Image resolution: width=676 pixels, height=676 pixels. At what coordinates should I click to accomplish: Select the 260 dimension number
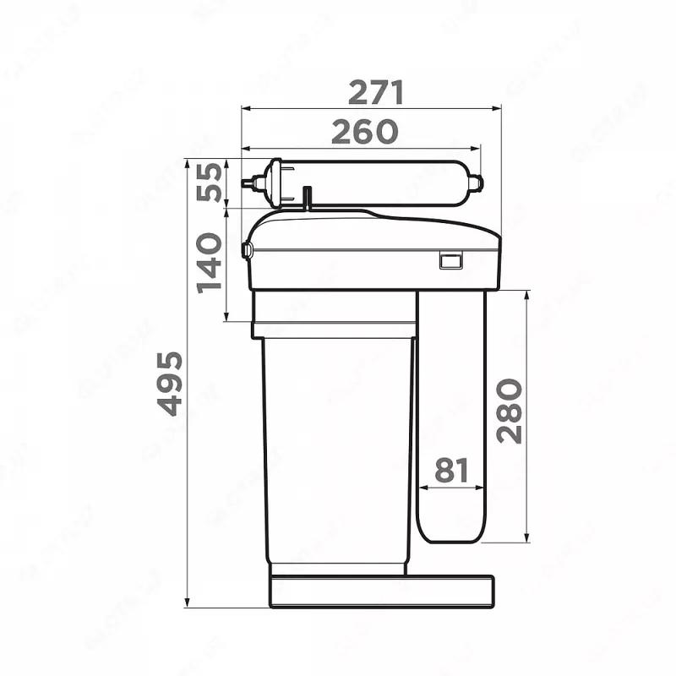click(364, 132)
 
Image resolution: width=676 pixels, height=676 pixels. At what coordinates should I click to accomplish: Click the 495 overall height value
click(170, 383)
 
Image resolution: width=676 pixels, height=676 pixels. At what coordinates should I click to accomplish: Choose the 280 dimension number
click(510, 411)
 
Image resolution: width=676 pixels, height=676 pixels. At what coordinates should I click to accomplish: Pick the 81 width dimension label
click(451, 471)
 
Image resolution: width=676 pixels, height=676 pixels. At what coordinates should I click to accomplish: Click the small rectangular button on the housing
click(450, 261)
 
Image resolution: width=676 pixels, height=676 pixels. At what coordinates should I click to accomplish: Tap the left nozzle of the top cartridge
click(249, 182)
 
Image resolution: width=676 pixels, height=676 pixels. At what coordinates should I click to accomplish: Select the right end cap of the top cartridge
click(476, 183)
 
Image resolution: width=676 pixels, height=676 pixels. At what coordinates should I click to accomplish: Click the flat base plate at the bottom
click(381, 591)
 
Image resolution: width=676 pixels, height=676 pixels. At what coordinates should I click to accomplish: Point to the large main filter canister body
click(336, 448)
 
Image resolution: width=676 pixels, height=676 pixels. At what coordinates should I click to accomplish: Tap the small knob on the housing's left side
click(246, 249)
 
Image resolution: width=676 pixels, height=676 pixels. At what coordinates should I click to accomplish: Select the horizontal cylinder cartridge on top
click(372, 183)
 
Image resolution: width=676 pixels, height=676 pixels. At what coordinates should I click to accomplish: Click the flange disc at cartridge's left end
click(274, 183)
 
